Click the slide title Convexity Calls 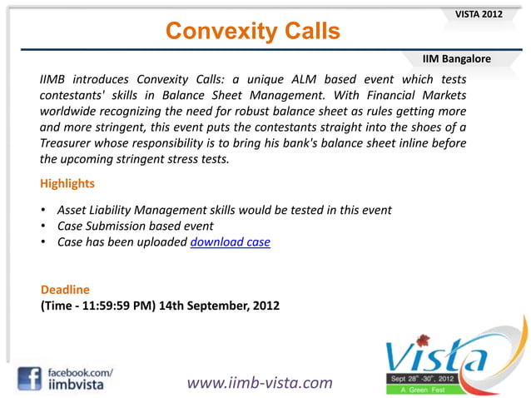(x=252, y=31)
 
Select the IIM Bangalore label (x=456, y=59)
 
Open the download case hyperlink (x=230, y=243)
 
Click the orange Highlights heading (x=67, y=182)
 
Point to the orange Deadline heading (x=65, y=289)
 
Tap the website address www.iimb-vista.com (x=259, y=382)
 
